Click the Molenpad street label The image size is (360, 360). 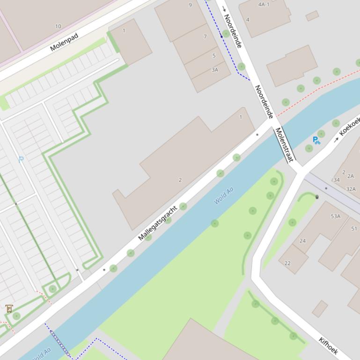[64, 41]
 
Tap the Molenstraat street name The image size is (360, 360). [284, 144]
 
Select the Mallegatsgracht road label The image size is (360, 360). [158, 223]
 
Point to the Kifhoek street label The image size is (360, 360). [328, 346]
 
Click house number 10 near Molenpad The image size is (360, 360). [58, 26]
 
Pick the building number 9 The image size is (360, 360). [190, 5]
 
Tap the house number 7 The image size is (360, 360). [205, 36]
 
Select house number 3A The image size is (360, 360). [215, 70]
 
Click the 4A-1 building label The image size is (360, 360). [264, 5]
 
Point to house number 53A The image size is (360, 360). [336, 216]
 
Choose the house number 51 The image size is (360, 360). [354, 229]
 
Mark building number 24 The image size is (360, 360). [302, 241]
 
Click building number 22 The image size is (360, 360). [287, 263]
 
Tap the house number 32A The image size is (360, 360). [351, 189]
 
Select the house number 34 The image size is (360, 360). [336, 180]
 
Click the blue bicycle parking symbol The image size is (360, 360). [316, 140]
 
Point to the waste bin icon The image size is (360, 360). [317, 197]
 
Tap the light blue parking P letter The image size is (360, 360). [21, 159]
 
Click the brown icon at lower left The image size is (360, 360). [9, 308]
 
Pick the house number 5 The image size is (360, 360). [214, 56]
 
